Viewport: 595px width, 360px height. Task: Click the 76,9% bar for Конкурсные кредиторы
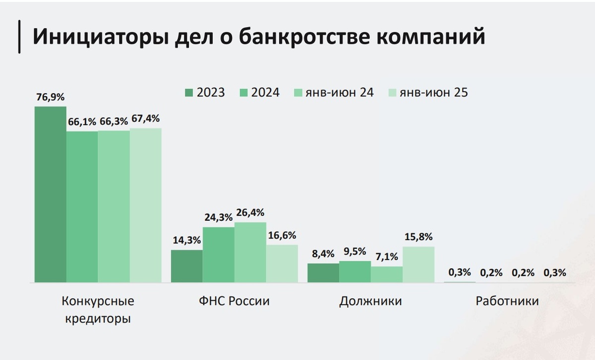click(50, 194)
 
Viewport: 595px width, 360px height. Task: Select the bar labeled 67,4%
click(146, 205)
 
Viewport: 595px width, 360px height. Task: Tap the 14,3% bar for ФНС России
click(187, 266)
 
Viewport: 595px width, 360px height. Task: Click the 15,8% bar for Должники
click(418, 265)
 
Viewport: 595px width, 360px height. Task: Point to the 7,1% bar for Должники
click(387, 275)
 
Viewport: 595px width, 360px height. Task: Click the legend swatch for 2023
click(188, 92)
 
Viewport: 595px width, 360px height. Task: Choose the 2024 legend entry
click(258, 92)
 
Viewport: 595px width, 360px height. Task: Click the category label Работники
click(507, 301)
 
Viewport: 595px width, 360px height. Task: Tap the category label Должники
click(370, 301)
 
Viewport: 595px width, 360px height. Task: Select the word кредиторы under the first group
click(98, 318)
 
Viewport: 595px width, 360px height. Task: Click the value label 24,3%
click(219, 217)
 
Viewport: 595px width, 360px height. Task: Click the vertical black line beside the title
click(20, 37)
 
